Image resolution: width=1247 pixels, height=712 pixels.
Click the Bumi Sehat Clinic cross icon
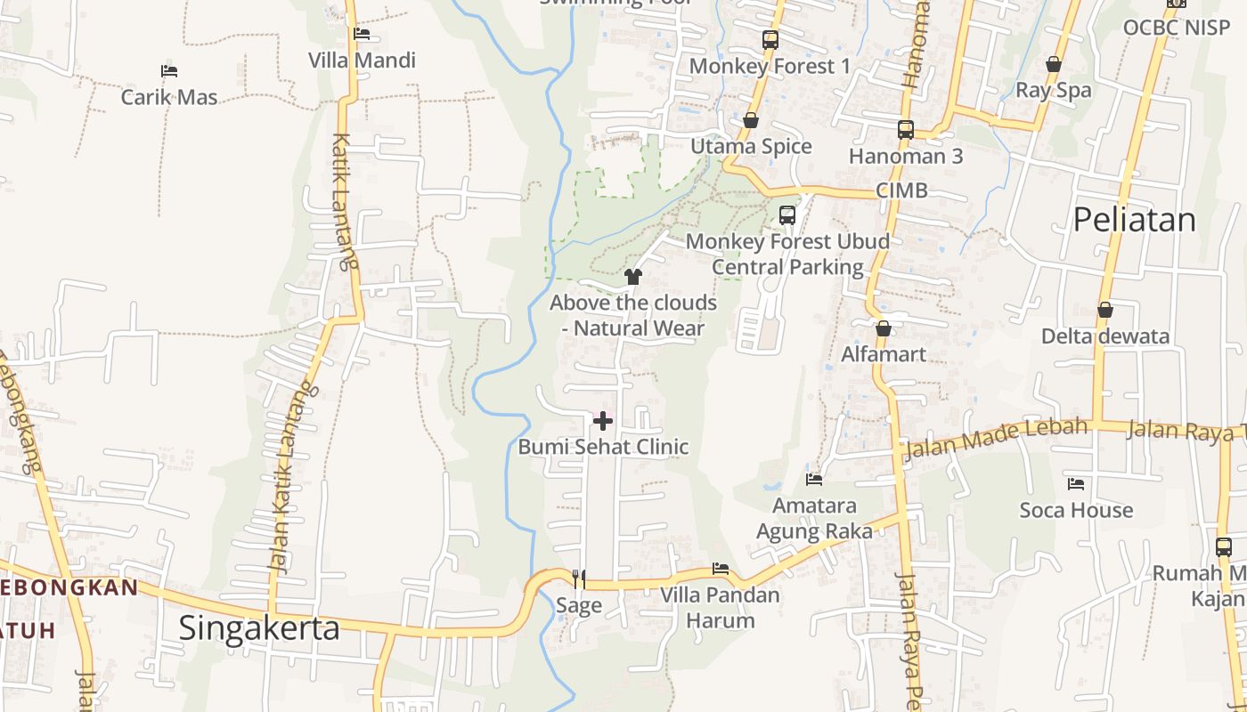[603, 420]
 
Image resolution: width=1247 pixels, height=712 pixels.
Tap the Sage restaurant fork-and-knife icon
[579, 579]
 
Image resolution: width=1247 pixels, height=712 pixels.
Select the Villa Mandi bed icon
[362, 34]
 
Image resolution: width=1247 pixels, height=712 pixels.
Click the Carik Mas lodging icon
[169, 70]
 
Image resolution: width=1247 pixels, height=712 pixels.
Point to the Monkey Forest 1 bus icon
[770, 40]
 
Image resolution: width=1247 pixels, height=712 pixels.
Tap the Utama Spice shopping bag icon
[751, 120]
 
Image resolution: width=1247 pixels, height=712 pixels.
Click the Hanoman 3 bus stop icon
[906, 130]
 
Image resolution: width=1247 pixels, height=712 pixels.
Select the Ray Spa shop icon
[1054, 64]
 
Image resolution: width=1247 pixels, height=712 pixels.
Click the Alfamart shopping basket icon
[884, 328]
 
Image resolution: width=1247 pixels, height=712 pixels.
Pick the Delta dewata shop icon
[1105, 310]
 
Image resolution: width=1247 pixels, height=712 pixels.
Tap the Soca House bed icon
[1076, 484]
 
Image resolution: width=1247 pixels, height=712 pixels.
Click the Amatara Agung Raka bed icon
[814, 479]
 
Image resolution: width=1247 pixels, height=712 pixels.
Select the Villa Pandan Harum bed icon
[721, 569]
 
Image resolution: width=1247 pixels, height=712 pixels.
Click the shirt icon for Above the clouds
[633, 277]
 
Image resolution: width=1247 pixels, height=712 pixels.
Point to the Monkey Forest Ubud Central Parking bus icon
[787, 215]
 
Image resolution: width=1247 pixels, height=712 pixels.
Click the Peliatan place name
[1134, 219]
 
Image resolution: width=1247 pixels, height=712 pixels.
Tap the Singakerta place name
[259, 628]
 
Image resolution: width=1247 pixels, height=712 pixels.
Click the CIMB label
[901, 190]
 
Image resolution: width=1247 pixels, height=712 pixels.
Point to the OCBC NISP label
[1176, 28]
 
